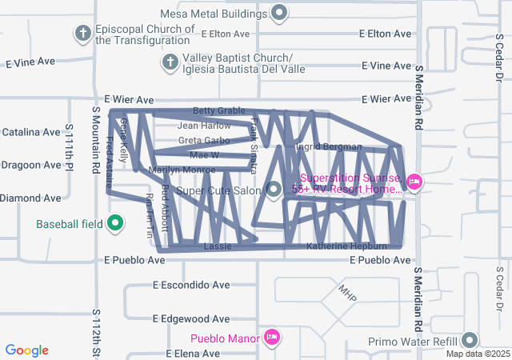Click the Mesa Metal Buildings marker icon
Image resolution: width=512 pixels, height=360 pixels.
279,13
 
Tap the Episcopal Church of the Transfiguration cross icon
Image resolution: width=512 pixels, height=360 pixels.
82,34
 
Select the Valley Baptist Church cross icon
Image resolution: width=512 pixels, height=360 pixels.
170,62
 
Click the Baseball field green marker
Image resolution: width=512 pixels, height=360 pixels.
114,223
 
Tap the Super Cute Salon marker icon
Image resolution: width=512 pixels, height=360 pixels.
274,190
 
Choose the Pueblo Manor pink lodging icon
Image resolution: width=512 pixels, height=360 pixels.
272,338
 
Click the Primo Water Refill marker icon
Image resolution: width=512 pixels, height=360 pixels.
470,342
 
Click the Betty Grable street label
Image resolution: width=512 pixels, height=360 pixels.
218,111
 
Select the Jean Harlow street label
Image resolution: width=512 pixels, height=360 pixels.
204,126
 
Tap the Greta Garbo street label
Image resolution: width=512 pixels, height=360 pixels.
203,141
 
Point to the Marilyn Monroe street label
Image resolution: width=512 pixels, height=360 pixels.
182,170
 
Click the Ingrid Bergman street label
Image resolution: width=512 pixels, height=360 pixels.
330,147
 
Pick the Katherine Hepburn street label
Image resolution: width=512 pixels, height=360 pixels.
346,246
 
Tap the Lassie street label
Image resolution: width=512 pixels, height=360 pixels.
218,246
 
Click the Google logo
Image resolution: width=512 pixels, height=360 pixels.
27,350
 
